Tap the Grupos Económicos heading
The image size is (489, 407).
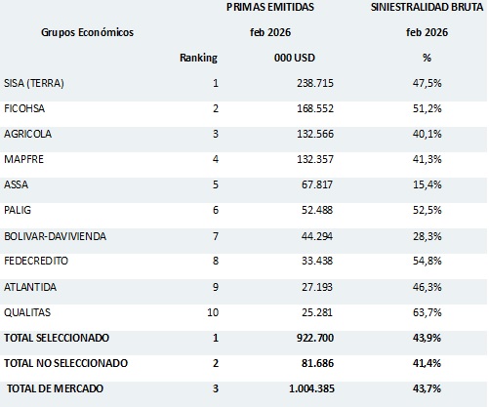(x=87, y=32)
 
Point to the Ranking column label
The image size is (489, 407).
(x=198, y=58)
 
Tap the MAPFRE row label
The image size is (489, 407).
(x=27, y=160)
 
